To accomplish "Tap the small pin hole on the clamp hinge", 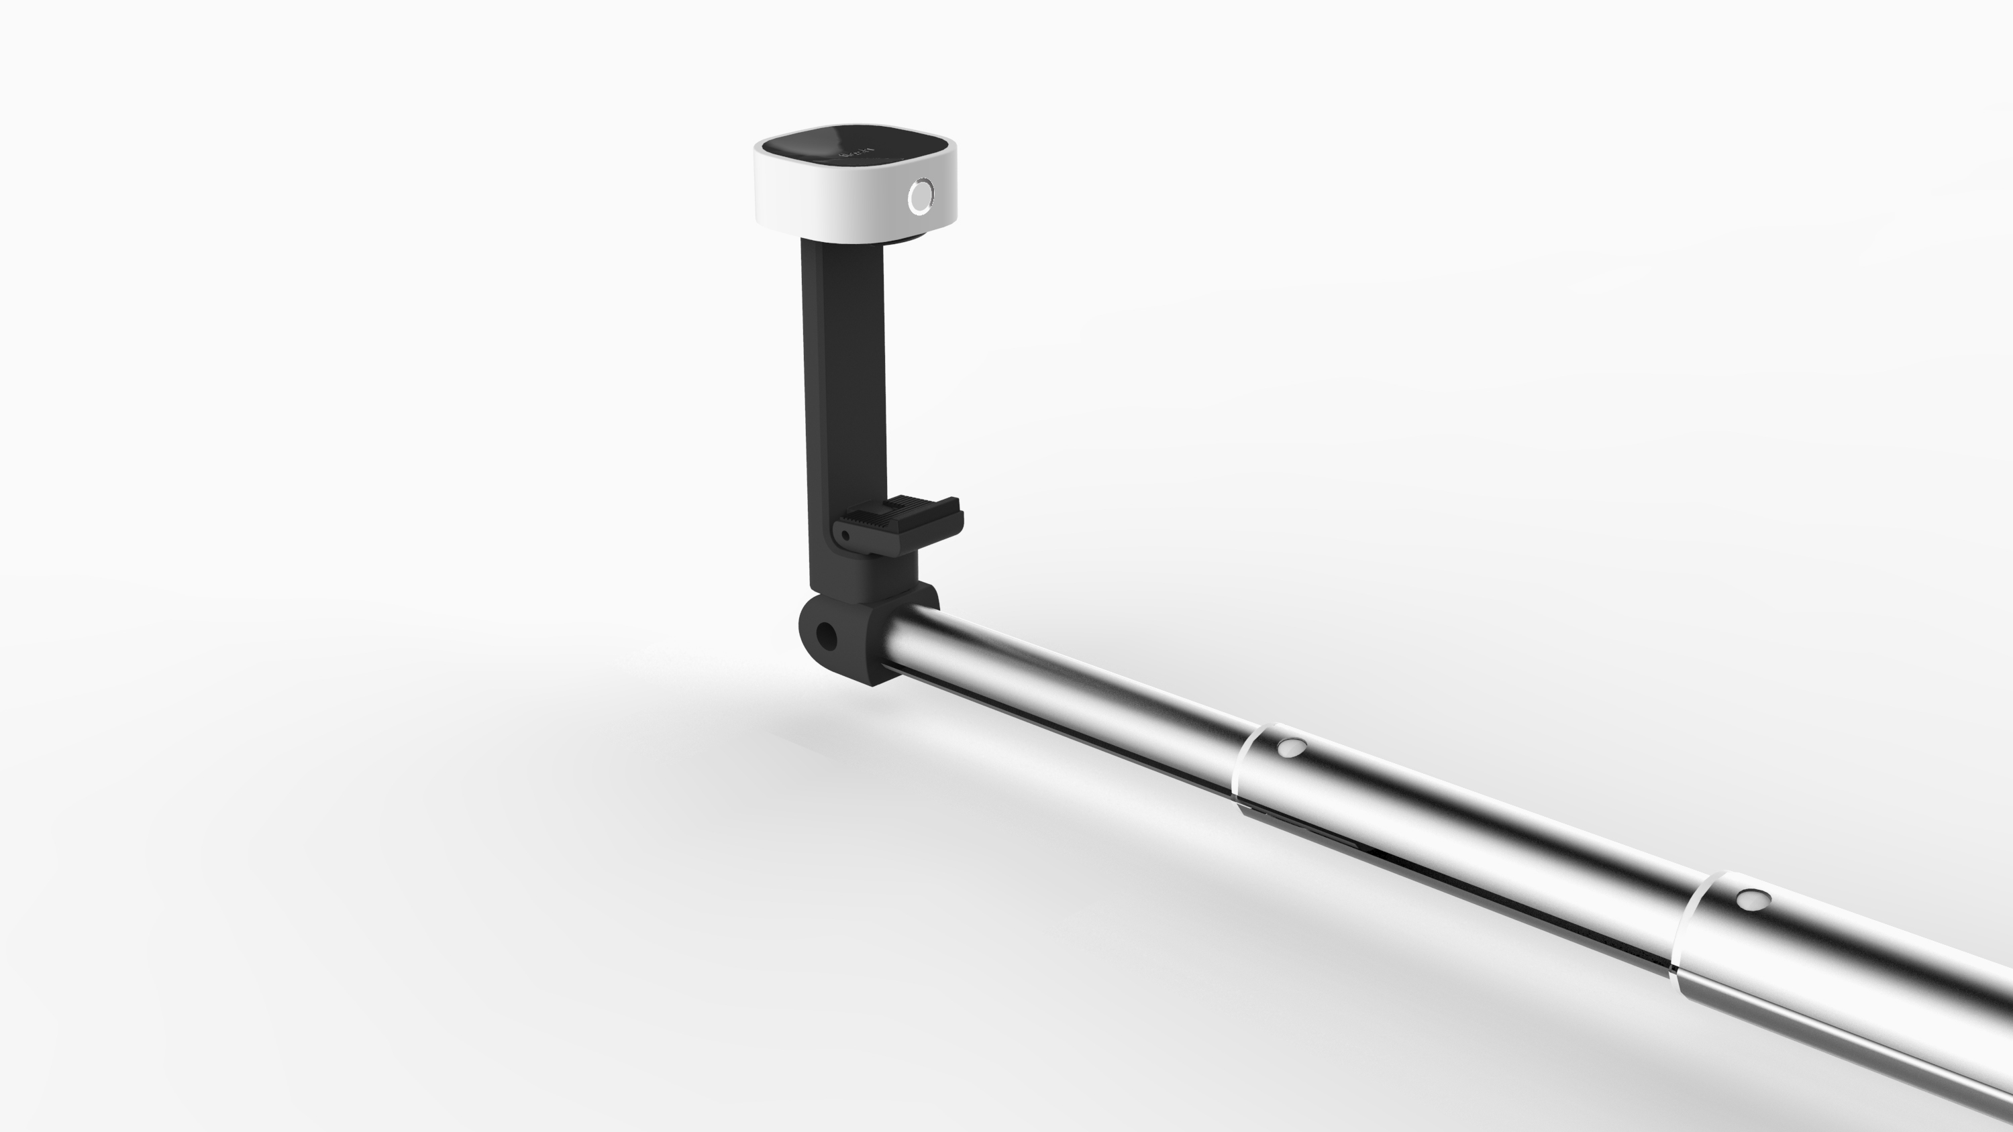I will pyautogui.click(x=845, y=536).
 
